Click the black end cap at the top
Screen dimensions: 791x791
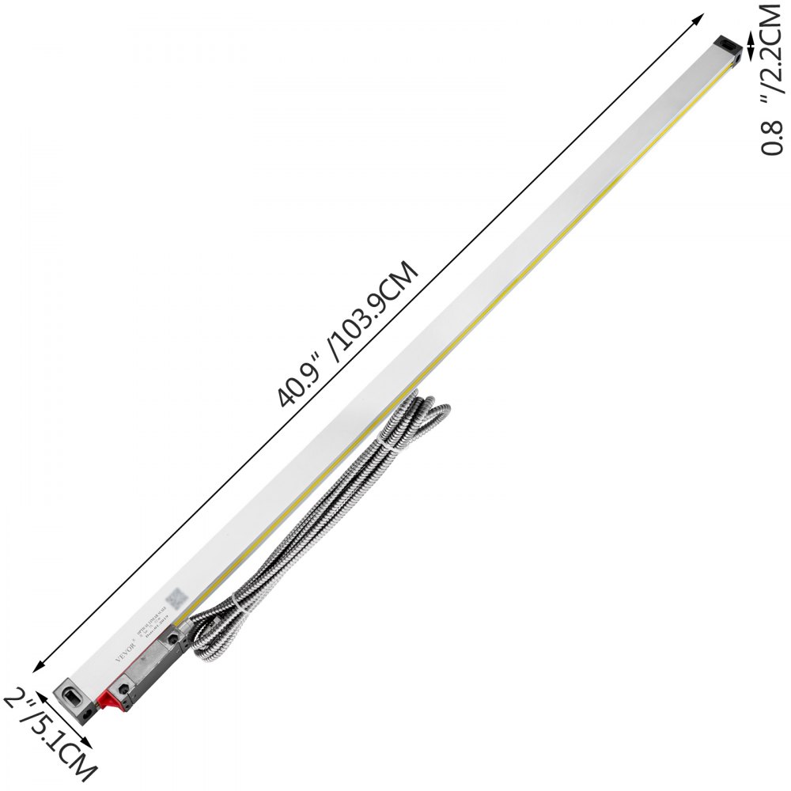tap(728, 47)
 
